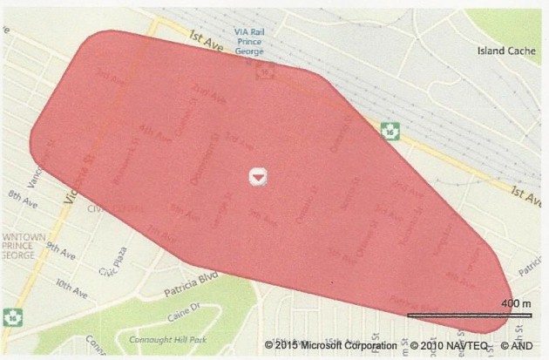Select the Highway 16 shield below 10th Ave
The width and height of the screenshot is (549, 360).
[12, 315]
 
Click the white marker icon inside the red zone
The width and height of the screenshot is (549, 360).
[256, 175]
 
